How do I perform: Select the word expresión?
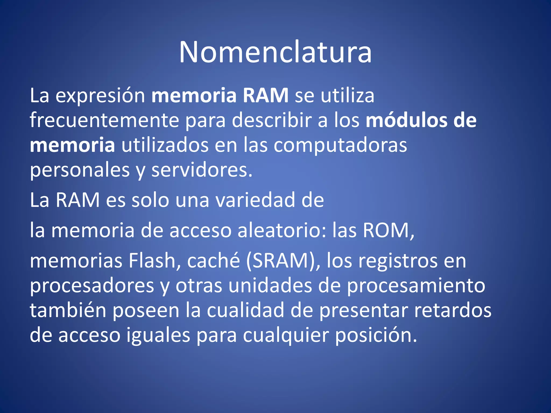click(100, 96)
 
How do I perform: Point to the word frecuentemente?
click(104, 120)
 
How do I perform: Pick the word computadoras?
click(340, 145)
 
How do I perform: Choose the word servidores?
click(202, 170)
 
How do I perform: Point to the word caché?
click(213, 261)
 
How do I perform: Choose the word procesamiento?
click(416, 286)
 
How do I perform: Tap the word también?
click(68, 310)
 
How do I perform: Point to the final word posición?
click(376, 335)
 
